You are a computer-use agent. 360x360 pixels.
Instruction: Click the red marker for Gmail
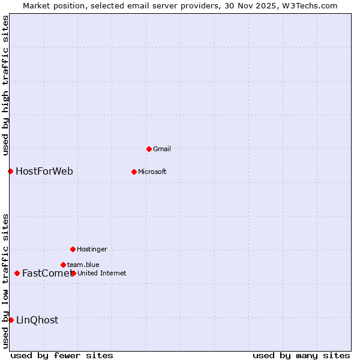(x=149, y=149)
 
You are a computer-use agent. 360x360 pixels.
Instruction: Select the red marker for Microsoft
(x=134, y=172)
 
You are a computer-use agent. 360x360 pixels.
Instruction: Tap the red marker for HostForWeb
(x=10, y=172)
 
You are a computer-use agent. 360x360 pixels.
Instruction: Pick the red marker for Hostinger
(x=73, y=249)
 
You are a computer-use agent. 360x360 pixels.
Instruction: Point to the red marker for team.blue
(x=63, y=265)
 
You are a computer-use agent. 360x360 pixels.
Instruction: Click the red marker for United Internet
(x=73, y=273)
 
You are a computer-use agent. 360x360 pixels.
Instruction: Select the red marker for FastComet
(x=17, y=274)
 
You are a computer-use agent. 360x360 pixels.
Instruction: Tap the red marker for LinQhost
(x=11, y=320)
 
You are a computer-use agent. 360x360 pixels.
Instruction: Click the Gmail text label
(x=162, y=149)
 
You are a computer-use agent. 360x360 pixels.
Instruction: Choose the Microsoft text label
(x=152, y=172)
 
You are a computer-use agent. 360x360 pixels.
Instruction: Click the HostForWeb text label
(x=44, y=172)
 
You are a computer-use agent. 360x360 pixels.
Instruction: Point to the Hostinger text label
(x=92, y=249)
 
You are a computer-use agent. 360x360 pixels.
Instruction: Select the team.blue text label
(x=83, y=265)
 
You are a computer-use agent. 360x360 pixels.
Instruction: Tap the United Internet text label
(x=102, y=273)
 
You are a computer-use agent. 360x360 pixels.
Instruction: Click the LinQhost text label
(x=37, y=320)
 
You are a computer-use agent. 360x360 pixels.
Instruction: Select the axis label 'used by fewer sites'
(x=62, y=355)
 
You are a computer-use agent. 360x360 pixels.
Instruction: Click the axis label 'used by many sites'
(x=301, y=355)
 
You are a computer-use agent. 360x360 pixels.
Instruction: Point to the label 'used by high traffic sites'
(x=5, y=85)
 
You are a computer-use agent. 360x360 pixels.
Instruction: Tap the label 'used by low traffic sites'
(x=5, y=281)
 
